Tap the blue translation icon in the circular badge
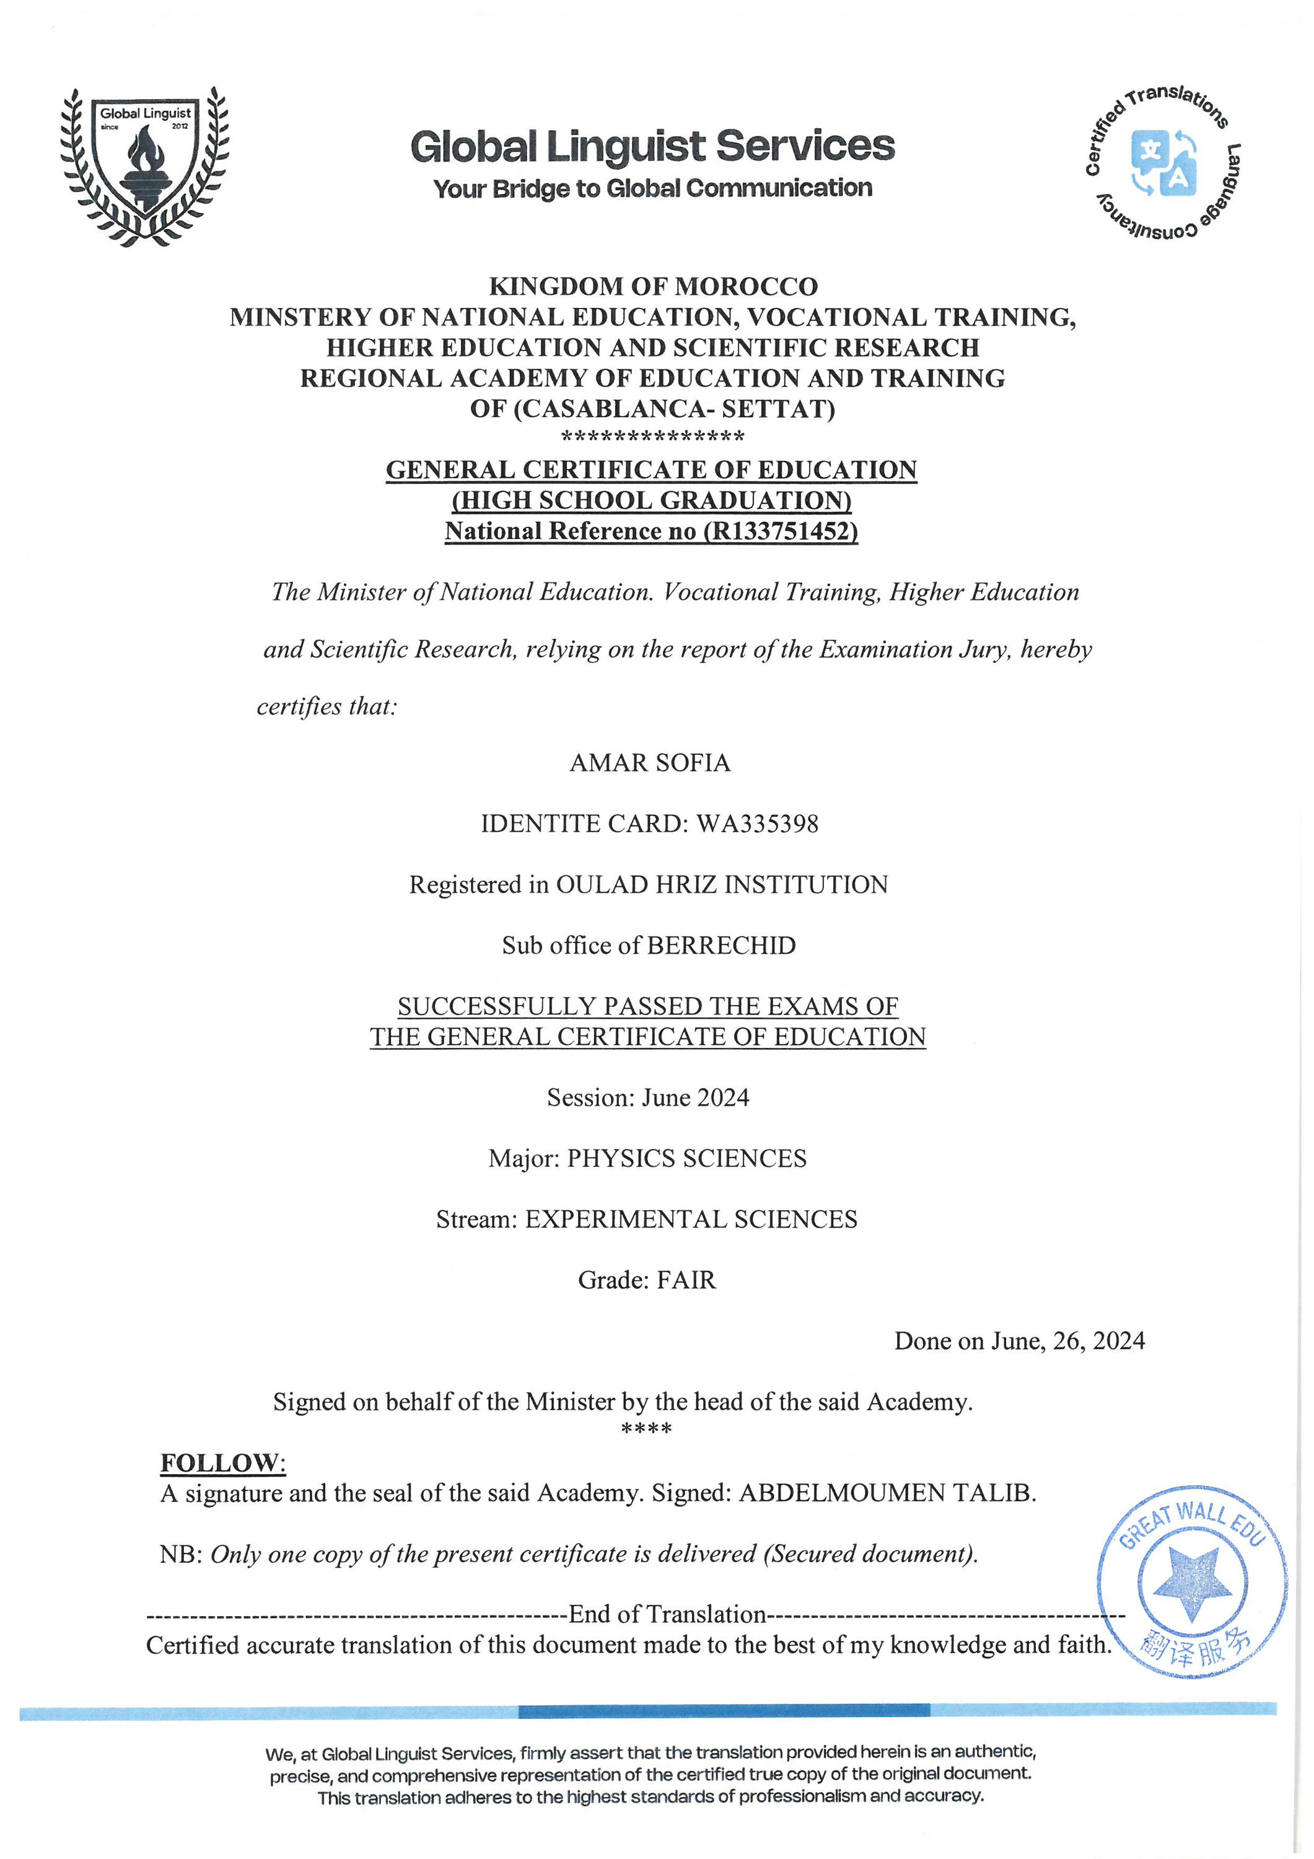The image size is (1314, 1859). (x=1163, y=162)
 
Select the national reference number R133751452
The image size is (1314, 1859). (x=781, y=531)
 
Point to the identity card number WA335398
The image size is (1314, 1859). (x=758, y=824)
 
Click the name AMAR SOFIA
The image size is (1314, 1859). (x=650, y=763)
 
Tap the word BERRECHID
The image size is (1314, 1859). (x=721, y=945)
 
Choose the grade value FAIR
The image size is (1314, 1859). (x=686, y=1280)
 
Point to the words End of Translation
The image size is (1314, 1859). (x=667, y=1614)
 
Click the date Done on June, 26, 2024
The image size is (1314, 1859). (x=1019, y=1341)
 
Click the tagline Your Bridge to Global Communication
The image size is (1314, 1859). (x=652, y=188)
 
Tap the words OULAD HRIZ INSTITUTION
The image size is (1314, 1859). (x=721, y=884)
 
